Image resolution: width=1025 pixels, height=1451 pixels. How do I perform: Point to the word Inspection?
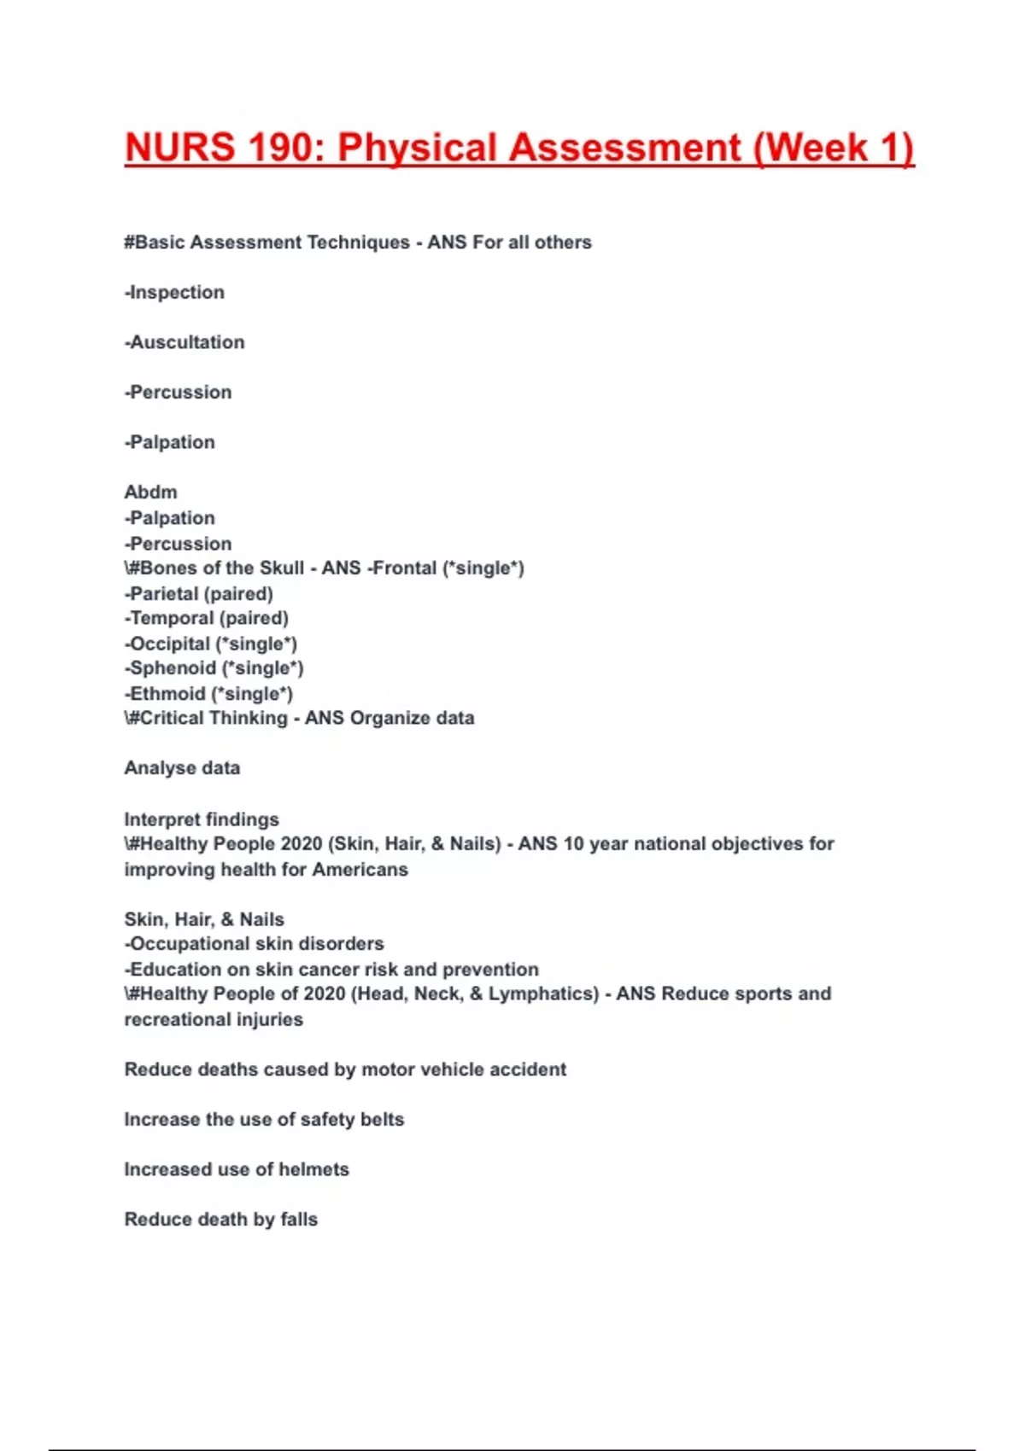click(x=177, y=292)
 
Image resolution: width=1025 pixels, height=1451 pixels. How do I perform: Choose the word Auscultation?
click(x=187, y=342)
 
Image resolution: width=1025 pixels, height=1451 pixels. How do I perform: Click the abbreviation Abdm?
click(x=150, y=492)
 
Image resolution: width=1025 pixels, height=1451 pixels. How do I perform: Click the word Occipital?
click(x=169, y=644)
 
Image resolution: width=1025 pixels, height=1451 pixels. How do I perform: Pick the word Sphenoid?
click(x=173, y=668)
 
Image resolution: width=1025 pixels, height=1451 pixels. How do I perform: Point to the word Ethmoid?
click(x=167, y=694)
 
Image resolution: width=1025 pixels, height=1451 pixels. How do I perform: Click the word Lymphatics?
click(x=543, y=994)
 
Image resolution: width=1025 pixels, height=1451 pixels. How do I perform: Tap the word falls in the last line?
click(x=299, y=1220)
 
